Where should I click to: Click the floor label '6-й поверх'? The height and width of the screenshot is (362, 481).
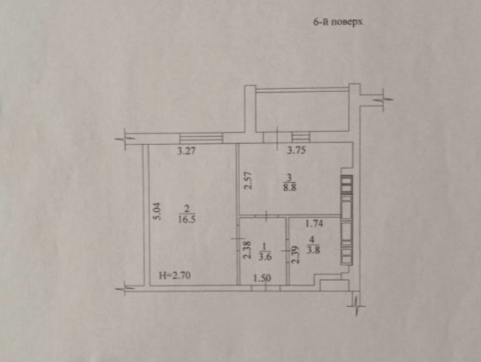(338, 22)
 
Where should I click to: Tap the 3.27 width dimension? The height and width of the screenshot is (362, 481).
(187, 151)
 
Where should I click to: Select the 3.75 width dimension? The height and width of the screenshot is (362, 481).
(296, 150)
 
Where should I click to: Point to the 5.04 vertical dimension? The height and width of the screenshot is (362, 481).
(157, 211)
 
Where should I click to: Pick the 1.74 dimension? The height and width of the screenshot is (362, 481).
(314, 223)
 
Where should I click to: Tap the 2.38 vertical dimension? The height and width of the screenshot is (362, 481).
(248, 250)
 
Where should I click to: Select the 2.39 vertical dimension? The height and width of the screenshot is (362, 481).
(295, 255)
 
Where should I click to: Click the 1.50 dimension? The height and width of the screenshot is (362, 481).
(262, 278)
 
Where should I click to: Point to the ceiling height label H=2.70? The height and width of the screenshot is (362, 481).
(175, 275)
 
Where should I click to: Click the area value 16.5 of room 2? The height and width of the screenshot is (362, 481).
(187, 220)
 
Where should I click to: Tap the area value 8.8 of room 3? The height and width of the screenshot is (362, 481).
(290, 187)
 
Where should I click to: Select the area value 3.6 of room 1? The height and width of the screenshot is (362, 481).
(265, 256)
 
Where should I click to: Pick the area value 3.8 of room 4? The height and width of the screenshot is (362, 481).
(313, 250)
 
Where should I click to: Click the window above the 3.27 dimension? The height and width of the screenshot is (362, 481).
(201, 138)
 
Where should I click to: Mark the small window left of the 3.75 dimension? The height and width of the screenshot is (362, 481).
(300, 137)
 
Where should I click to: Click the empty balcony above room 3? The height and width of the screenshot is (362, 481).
(303, 111)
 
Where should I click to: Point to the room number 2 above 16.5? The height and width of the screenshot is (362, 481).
(187, 209)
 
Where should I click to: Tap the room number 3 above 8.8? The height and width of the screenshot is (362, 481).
(289, 177)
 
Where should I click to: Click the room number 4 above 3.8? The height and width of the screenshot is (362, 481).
(312, 239)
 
